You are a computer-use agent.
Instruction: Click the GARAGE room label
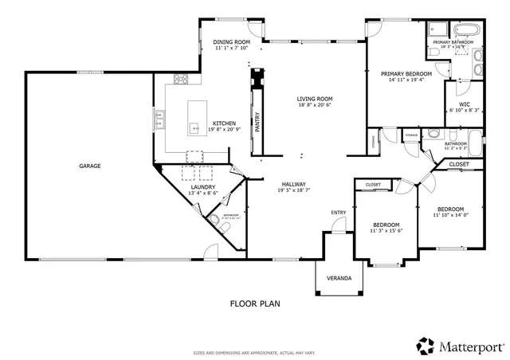point(89,166)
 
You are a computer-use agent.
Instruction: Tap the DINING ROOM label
point(232,41)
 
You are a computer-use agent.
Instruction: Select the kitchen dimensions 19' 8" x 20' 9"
point(223,130)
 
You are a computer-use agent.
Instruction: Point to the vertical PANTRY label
point(257,120)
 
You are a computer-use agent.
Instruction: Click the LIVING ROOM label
point(314,98)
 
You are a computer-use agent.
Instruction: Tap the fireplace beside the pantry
point(256,80)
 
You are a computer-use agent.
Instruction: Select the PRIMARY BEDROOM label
point(406,73)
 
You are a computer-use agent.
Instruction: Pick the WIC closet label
point(465,104)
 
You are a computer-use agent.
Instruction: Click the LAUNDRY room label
point(203,186)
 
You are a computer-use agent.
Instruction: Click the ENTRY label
point(339,212)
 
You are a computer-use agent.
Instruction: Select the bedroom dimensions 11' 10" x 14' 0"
point(451,215)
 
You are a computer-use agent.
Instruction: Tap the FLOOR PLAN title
point(254,303)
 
